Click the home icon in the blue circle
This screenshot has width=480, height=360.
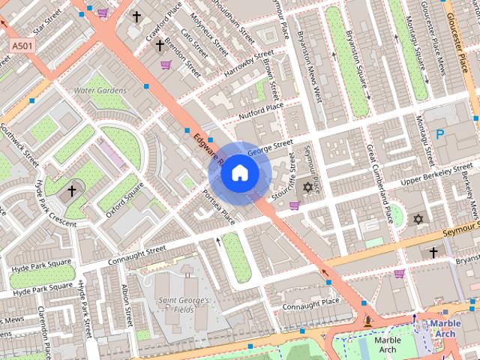click(239, 172)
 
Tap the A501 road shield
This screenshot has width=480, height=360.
click(22, 46)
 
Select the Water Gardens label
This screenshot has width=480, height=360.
click(100, 91)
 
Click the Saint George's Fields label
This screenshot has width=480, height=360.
click(183, 305)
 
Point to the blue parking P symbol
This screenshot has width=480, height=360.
click(440, 134)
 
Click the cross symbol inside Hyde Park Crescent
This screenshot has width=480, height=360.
click(72, 191)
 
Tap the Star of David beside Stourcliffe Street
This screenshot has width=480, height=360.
click(307, 186)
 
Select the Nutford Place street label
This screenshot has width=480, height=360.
click(261, 111)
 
